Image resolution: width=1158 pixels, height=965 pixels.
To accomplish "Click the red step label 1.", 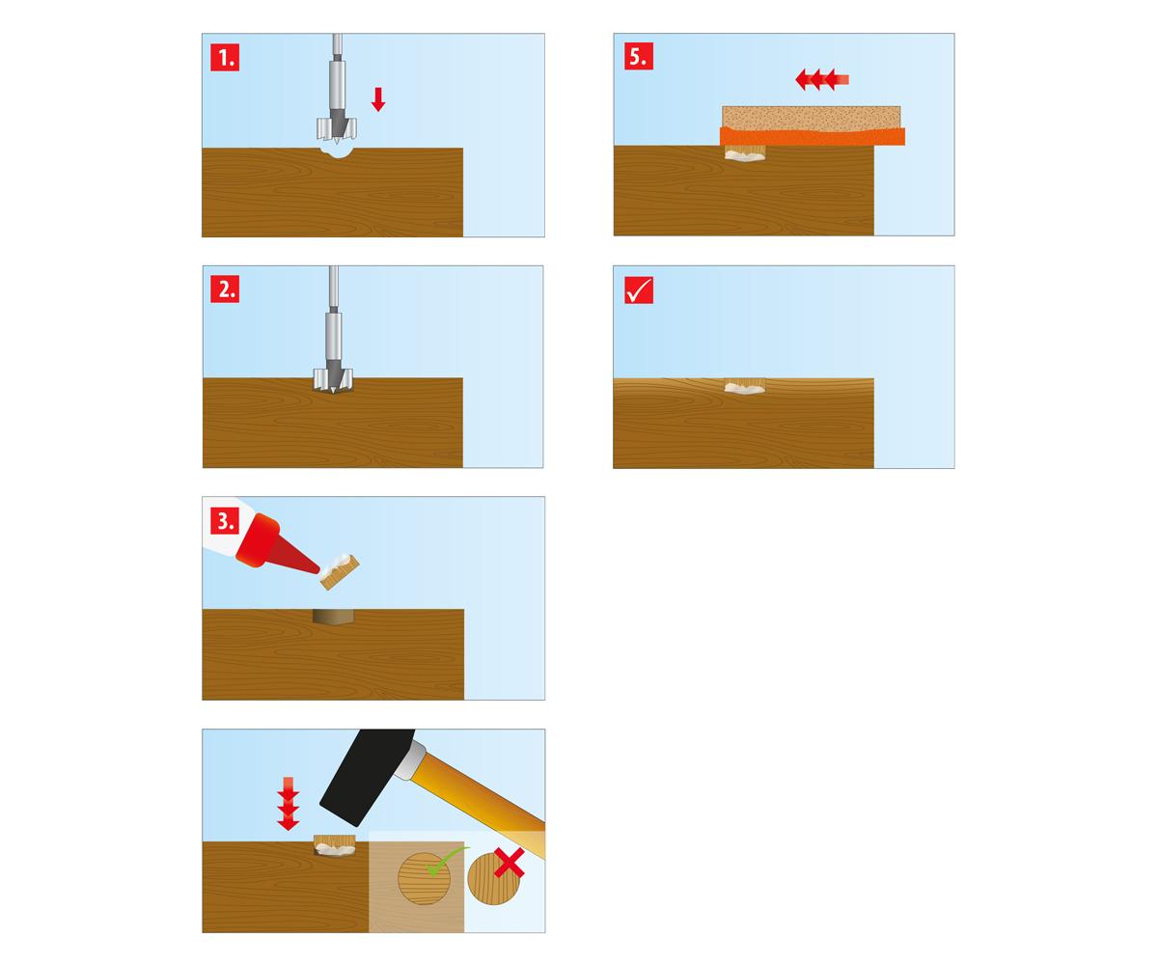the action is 225,57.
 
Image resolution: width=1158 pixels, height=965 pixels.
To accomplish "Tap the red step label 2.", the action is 225,289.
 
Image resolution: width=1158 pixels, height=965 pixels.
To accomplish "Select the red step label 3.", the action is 225,521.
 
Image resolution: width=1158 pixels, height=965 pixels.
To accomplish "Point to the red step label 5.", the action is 638,56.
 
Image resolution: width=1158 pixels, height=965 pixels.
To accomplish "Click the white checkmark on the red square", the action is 638,290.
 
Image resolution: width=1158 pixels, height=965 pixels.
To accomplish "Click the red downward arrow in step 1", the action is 378,99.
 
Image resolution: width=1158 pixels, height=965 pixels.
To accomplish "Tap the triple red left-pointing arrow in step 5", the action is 822,79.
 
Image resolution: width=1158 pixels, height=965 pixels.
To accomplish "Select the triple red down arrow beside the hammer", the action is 288,803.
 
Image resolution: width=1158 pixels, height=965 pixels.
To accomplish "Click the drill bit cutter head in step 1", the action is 337,127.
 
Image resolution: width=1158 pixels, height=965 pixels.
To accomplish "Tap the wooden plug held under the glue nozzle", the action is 340,571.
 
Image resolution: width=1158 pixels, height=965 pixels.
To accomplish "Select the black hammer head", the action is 367,776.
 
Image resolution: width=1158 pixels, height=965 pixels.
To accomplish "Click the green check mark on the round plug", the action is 447,861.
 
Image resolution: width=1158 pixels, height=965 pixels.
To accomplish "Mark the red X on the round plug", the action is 509,863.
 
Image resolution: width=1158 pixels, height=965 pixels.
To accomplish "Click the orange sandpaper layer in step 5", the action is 813,136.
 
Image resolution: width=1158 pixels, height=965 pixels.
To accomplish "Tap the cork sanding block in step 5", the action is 812,118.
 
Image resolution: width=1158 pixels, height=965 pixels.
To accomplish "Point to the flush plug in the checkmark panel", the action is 745,386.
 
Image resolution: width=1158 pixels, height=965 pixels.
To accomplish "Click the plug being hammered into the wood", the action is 335,845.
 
